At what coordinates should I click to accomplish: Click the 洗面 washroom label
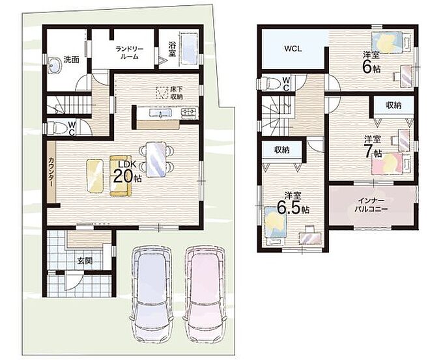[x=71, y=60]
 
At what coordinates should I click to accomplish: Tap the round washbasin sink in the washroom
[x=55, y=65]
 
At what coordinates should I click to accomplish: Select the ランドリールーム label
[x=130, y=53]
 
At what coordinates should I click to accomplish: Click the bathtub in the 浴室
[x=190, y=49]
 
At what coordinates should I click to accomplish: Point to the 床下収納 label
[x=177, y=93]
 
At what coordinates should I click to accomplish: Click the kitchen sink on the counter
[x=160, y=113]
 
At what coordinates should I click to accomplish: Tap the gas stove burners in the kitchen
[x=190, y=113]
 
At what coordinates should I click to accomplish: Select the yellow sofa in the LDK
[x=121, y=176]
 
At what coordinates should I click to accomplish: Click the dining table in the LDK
[x=156, y=159]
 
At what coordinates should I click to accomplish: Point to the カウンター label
[x=51, y=172]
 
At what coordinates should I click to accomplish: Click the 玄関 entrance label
[x=85, y=261]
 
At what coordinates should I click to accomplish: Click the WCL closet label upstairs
[x=293, y=49]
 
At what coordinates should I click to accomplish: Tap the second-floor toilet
[x=268, y=83]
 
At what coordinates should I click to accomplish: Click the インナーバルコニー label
[x=371, y=205]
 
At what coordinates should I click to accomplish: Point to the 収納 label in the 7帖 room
[x=394, y=105]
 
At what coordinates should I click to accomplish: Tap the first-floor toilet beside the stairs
[x=57, y=128]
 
